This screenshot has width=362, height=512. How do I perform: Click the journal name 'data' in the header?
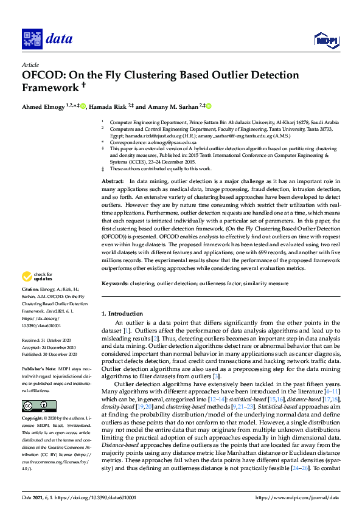[59, 40]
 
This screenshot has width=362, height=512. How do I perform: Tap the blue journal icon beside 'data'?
[32, 40]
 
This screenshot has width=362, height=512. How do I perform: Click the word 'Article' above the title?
[30, 64]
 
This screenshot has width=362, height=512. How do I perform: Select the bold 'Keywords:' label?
[115, 283]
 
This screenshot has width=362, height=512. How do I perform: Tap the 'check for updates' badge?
[37, 277]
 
